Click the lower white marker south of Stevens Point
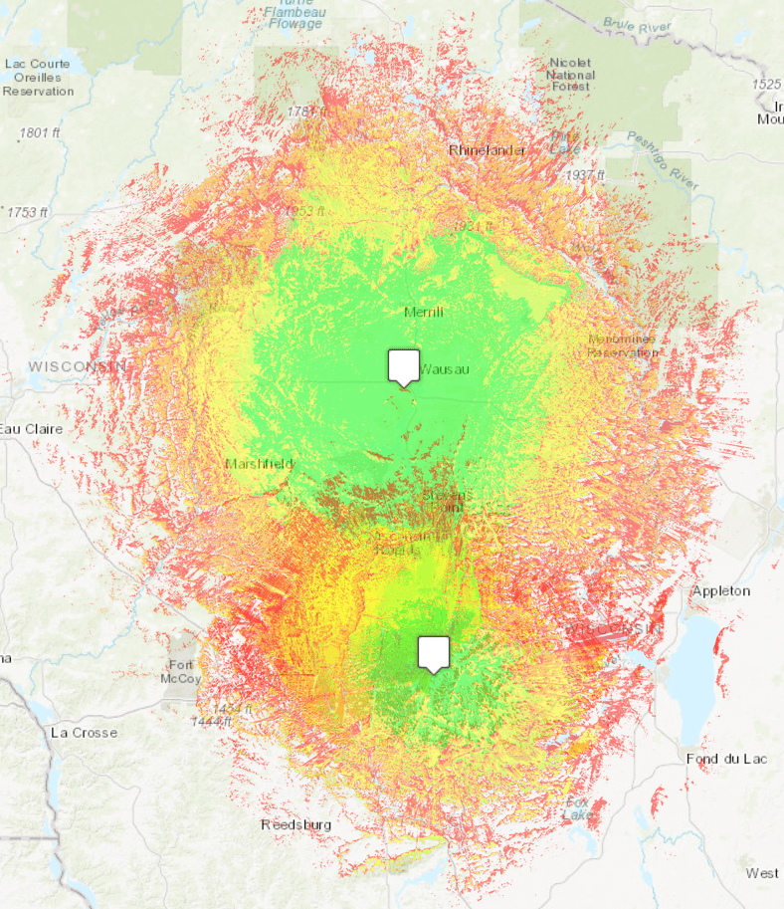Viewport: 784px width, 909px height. click(433, 653)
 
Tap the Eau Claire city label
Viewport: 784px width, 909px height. click(30, 429)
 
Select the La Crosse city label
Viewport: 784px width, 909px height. click(84, 733)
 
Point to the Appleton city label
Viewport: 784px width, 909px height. click(720, 590)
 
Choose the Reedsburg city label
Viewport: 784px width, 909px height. click(295, 824)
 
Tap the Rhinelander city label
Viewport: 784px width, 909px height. click(486, 150)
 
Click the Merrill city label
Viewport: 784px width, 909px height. click(423, 312)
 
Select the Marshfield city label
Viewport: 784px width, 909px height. click(259, 464)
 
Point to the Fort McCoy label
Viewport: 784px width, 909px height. click(181, 671)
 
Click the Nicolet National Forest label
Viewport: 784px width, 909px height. click(571, 75)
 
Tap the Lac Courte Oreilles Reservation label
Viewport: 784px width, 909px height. click(38, 77)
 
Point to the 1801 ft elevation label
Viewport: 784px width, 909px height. click(42, 131)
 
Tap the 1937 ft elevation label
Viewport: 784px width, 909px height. click(586, 175)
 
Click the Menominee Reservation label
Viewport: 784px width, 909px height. click(622, 345)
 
